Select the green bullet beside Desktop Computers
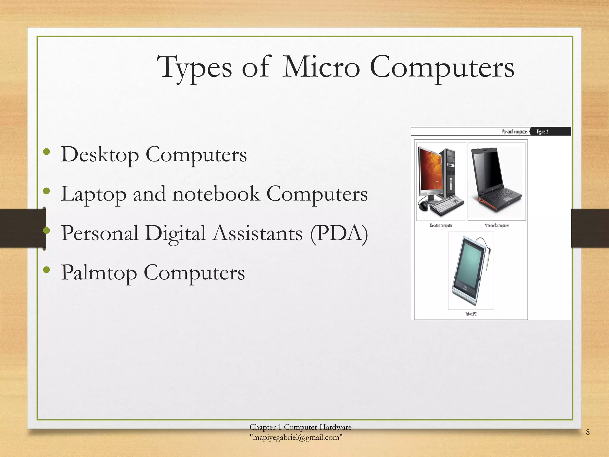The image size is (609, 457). coord(46,152)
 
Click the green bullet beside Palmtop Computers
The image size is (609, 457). coord(46,270)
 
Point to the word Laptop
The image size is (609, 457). coord(93,194)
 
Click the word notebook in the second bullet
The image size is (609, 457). coord(216,194)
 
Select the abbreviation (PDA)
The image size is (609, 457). coord(339,233)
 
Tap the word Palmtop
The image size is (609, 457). coord(99,273)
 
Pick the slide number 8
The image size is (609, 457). coord(588,432)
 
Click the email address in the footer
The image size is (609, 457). coord(296,437)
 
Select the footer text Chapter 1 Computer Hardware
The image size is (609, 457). coord(300,427)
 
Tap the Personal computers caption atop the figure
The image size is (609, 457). coord(514,132)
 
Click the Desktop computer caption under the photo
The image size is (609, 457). coord(441,226)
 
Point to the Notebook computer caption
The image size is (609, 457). coord(497,226)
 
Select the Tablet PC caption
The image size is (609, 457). coord(471,314)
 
